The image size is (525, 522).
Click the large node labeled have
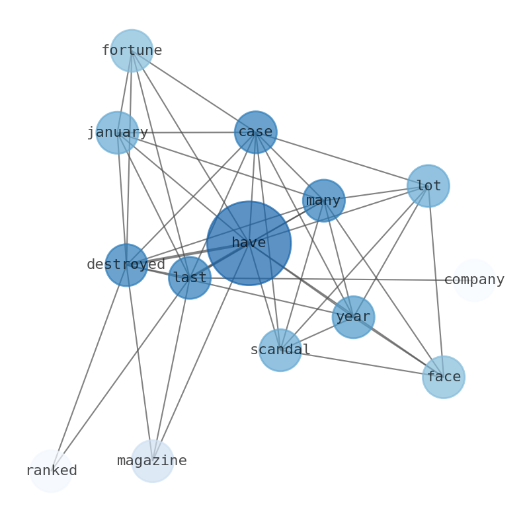click(x=249, y=243)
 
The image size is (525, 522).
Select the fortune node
click(x=132, y=50)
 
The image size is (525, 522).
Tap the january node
click(x=117, y=133)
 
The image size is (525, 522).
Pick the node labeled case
click(x=255, y=132)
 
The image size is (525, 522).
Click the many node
click(x=323, y=200)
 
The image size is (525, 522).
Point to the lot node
click(x=428, y=186)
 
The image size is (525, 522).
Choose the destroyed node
click(x=126, y=265)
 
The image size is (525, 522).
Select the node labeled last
click(x=190, y=278)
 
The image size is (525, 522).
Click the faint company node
click(x=474, y=280)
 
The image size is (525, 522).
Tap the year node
click(x=353, y=317)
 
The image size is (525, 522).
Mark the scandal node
click(x=280, y=350)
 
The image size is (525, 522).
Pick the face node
click(x=443, y=377)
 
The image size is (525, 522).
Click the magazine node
click(x=152, y=461)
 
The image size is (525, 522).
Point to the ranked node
click(x=51, y=470)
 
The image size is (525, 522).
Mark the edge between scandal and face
click(x=362, y=363)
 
